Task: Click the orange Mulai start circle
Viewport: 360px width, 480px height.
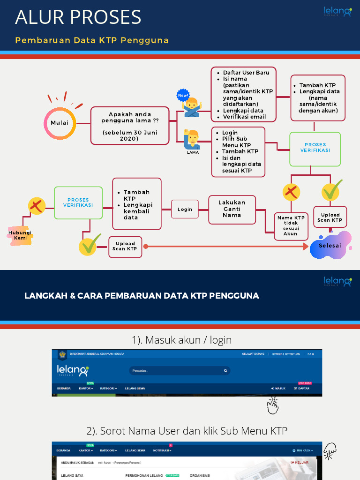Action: pyautogui.click(x=60, y=123)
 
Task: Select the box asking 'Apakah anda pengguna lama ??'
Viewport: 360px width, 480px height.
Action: pyautogui.click(x=129, y=125)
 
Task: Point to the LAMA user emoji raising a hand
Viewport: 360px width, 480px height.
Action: pyautogui.click(x=192, y=139)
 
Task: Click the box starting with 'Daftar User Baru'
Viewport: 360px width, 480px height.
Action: pyautogui.click(x=243, y=94)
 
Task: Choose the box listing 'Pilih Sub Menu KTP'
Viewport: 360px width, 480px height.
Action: pyautogui.click(x=238, y=151)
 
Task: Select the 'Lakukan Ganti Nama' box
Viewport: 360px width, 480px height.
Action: pyautogui.click(x=232, y=209)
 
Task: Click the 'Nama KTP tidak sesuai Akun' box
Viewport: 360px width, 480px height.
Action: pyautogui.click(x=291, y=226)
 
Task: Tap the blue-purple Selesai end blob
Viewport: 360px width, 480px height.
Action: pyautogui.click(x=330, y=245)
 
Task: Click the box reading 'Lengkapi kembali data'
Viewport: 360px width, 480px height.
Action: pyautogui.click(x=137, y=204)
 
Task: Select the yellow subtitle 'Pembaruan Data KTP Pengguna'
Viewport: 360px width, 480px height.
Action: pyautogui.click(x=92, y=40)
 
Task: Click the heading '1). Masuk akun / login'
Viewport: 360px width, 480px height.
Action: pyautogui.click(x=181, y=340)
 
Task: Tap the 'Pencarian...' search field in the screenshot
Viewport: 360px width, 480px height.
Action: pyautogui.click(x=178, y=371)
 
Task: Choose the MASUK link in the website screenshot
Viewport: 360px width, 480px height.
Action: pyautogui.click(x=278, y=389)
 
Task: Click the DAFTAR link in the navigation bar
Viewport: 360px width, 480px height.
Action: pyautogui.click(x=302, y=389)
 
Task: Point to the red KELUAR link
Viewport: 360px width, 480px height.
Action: pyautogui.click(x=300, y=462)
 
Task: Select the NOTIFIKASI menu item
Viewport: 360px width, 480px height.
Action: pyautogui.click(x=162, y=450)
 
